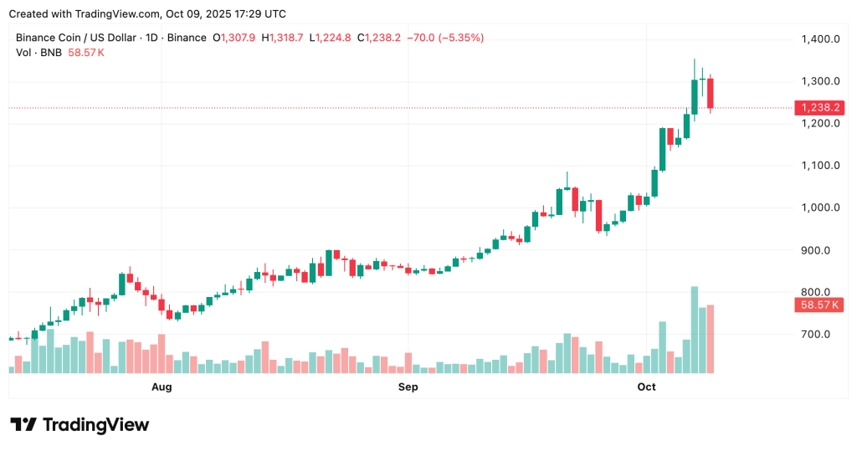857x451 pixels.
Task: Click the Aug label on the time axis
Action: (162, 387)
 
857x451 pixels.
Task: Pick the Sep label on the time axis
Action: (408, 387)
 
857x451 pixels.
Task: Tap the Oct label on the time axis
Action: (646, 387)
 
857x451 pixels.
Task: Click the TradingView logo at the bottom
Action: (80, 425)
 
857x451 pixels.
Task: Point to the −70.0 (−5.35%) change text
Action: (444, 38)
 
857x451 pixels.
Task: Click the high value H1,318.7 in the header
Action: (284, 38)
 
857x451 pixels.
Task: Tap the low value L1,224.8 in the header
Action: (331, 38)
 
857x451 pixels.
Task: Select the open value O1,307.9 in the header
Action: (235, 38)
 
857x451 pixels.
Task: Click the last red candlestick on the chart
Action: (711, 93)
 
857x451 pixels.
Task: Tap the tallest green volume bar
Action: (695, 330)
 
